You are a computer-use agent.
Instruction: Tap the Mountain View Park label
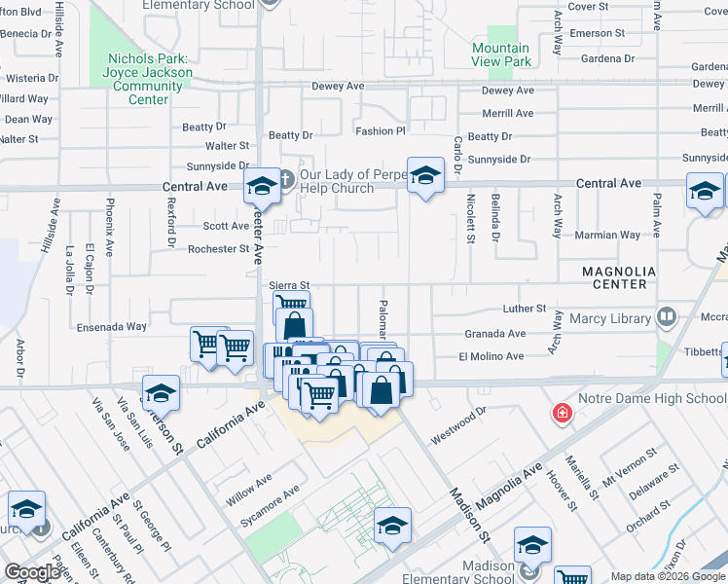(501, 55)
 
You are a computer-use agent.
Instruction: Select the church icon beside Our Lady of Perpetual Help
(286, 179)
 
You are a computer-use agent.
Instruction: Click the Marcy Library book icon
(667, 317)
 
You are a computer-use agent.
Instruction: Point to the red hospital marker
(562, 414)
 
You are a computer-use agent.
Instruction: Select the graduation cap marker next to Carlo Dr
(424, 176)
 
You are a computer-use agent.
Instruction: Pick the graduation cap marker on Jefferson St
(162, 393)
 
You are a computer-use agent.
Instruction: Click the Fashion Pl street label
(380, 130)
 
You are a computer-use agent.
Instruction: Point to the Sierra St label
(288, 285)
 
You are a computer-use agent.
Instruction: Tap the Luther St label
(526, 309)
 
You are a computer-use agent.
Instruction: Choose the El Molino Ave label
(491, 357)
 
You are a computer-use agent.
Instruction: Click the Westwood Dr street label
(458, 425)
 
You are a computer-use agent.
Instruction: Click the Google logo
(32, 572)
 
